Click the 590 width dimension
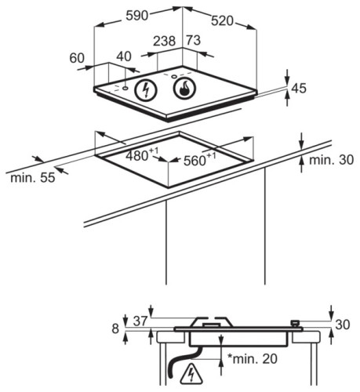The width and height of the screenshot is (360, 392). pyautogui.click(x=137, y=16)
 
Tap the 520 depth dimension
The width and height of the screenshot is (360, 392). pyautogui.click(x=222, y=21)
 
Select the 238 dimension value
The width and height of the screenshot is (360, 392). pyautogui.click(x=164, y=42)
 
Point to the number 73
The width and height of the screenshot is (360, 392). pyautogui.click(x=194, y=40)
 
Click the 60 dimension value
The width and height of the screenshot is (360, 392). pyautogui.click(x=77, y=58)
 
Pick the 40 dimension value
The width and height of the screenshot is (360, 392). pyautogui.click(x=124, y=56)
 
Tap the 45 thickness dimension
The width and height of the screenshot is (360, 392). pyautogui.click(x=299, y=88)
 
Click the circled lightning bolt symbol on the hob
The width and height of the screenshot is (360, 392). pyautogui.click(x=146, y=89)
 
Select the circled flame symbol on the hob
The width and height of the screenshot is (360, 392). pyautogui.click(x=184, y=88)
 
